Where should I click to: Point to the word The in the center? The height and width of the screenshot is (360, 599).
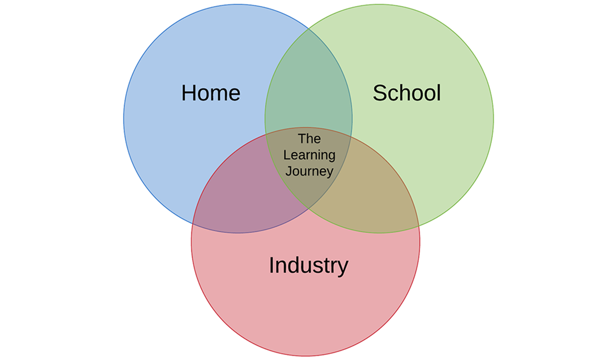[x=309, y=138]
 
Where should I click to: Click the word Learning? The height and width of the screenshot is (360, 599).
[x=309, y=155]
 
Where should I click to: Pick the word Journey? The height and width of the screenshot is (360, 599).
[x=309, y=171]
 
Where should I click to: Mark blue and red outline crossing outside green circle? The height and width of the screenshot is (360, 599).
[x=193, y=224]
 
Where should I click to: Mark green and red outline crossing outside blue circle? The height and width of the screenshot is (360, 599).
[x=418, y=226]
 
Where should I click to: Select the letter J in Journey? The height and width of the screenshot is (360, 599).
[x=288, y=171]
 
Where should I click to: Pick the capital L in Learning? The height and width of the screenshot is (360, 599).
[x=286, y=155]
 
